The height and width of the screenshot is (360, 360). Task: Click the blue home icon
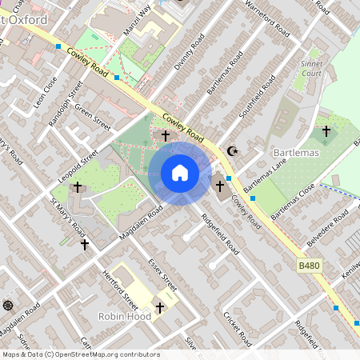[x=180, y=173]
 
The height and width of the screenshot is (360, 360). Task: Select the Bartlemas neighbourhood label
[x=295, y=152]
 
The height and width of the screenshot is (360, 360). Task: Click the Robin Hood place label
[x=124, y=316]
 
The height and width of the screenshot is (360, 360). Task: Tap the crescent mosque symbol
[x=233, y=150]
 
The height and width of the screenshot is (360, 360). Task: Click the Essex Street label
[x=162, y=274]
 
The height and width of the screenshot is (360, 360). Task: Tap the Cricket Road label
[x=238, y=330]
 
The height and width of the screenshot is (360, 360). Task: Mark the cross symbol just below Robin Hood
[x=159, y=307]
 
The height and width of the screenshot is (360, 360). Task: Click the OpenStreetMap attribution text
[x=81, y=354]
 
